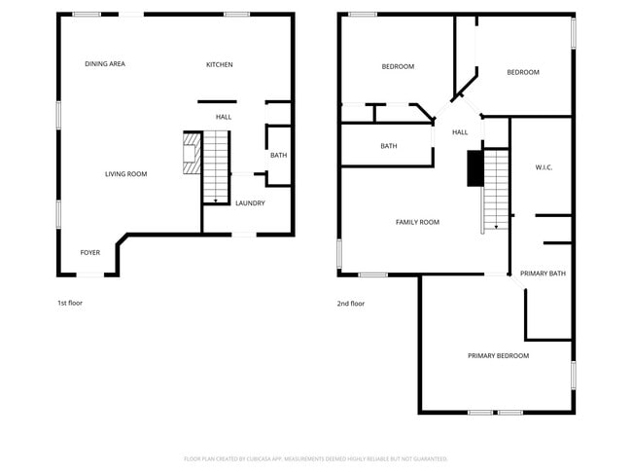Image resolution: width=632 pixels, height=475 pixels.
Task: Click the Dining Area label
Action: [105, 64]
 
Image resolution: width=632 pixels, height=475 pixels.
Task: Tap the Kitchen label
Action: [219, 65]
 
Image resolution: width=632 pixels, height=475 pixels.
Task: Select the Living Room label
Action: [126, 174]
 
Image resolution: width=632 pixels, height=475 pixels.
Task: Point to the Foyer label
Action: [90, 253]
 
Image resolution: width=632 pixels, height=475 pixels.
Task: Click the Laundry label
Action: [250, 203]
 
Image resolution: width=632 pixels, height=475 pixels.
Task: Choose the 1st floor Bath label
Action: [278, 156]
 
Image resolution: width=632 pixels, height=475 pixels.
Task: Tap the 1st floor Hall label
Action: [224, 118]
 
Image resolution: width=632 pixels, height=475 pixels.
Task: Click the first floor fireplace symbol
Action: [191, 154]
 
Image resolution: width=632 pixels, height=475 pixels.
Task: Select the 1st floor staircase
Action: [216, 167]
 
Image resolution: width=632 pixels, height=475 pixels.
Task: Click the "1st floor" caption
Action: [70, 304]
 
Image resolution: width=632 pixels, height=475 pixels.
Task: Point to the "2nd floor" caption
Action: [351, 304]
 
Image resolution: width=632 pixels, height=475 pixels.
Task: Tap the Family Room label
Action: [417, 223]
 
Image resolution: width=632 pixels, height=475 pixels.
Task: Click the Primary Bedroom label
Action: [498, 356]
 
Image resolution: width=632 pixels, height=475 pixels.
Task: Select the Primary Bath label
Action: [543, 274]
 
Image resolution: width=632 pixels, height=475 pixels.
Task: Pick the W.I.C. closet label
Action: [544, 168]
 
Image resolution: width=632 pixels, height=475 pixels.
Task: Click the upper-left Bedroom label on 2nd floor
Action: [398, 67]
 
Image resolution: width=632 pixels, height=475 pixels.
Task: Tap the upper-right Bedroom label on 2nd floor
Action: [523, 72]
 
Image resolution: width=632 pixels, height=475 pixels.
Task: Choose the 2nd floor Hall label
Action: [460, 132]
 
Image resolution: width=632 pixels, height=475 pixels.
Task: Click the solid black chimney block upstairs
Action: [474, 168]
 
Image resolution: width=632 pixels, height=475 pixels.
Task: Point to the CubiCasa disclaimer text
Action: [316, 458]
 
